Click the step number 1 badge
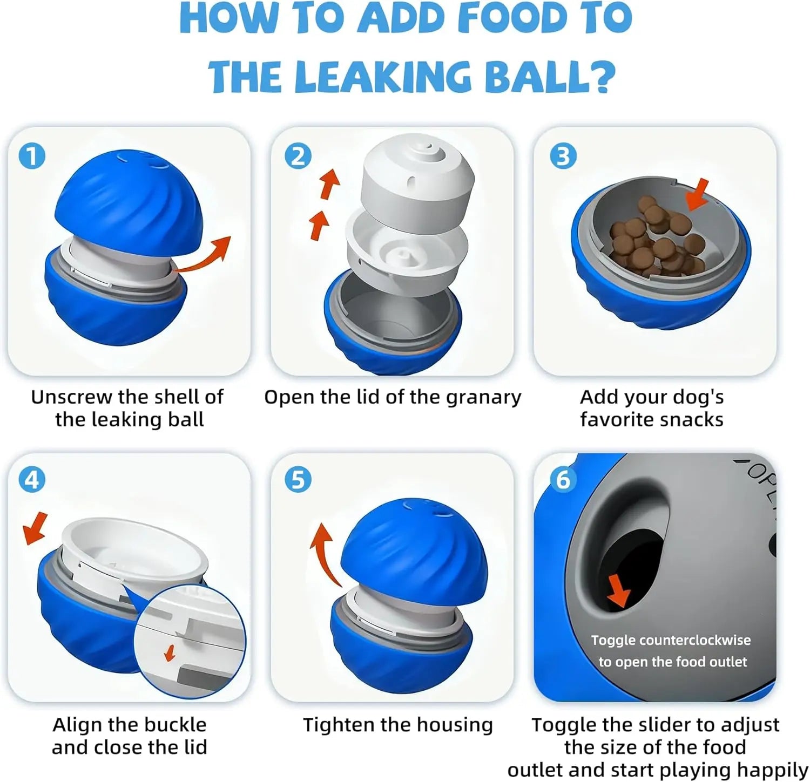coord(32,157)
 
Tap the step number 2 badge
coord(298,157)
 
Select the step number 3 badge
coord(563,157)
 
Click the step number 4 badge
coord(32,479)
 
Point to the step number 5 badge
coord(298,479)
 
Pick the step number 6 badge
coord(563,479)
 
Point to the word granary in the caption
coord(483,398)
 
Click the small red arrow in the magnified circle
coord(170,654)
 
